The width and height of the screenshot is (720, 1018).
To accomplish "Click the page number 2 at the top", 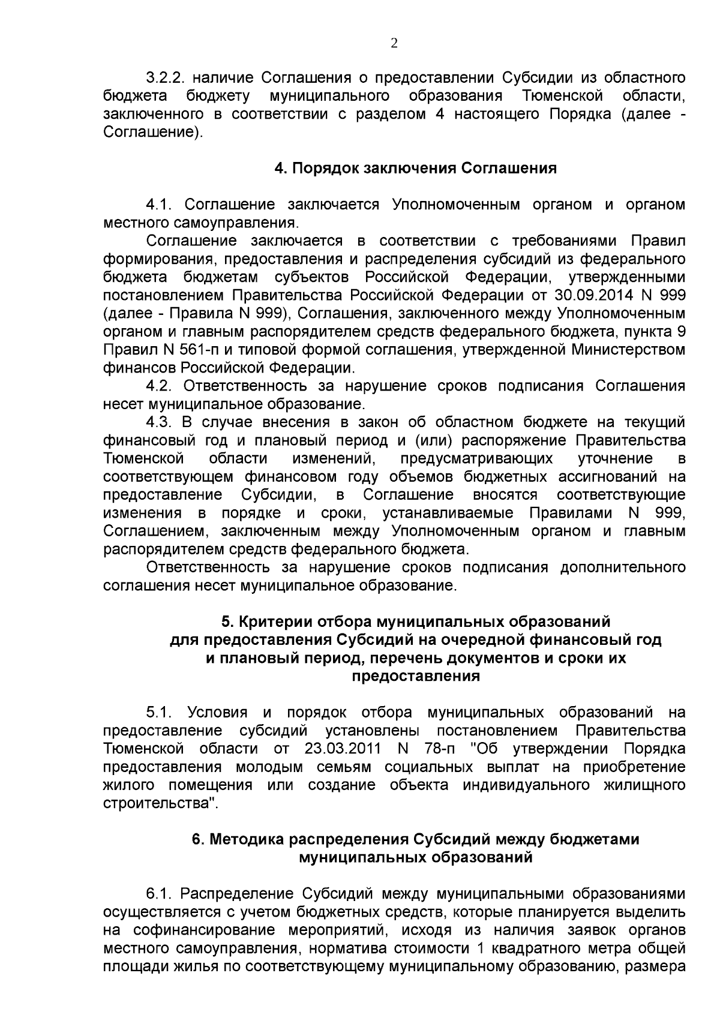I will pyautogui.click(x=394, y=43).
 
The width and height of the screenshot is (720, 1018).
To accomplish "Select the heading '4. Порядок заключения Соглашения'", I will pyautogui.click(x=415, y=169).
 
